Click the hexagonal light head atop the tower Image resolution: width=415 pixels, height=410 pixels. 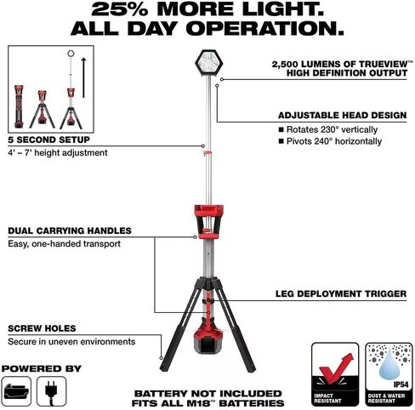pos(207,61)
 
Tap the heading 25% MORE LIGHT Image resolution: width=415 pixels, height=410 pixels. pos(207,11)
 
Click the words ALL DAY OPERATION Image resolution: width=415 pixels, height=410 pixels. pos(207,29)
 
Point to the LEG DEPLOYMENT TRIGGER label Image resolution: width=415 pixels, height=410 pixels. pos(341,294)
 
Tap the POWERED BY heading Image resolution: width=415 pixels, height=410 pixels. pos(43,368)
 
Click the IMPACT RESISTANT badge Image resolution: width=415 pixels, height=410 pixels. pos(334,371)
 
